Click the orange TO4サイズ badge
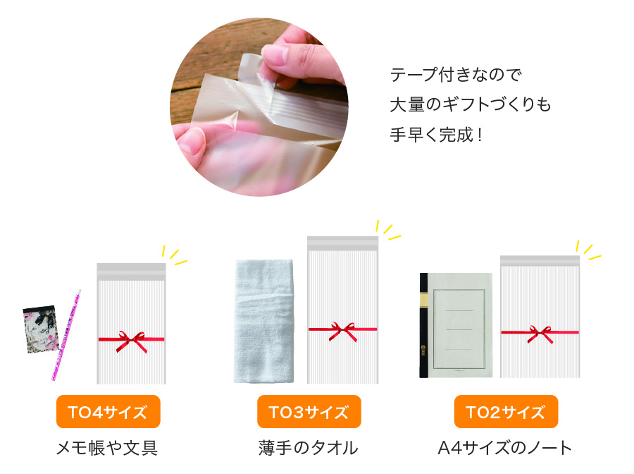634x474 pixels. coord(108,412)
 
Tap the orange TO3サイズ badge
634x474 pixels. coord(309,412)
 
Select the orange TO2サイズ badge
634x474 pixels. coord(506,412)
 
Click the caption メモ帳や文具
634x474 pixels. coord(107,448)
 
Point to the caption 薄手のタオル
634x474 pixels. coord(309,448)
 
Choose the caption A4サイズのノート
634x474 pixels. coord(505,448)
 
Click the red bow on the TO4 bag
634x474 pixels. coord(132,341)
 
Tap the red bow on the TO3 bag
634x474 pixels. coord(343,331)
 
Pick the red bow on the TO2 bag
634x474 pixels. coord(540,334)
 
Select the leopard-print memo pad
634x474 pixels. coord(41,329)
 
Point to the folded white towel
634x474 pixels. coord(264,321)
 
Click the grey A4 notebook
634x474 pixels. coord(456,325)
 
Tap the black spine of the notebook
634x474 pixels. coord(424,325)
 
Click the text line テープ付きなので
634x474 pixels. coord(456,75)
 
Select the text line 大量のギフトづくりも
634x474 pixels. coord(471,104)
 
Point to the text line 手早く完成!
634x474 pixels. coord(436,135)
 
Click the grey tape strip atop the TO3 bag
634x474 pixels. coord(343,243)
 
